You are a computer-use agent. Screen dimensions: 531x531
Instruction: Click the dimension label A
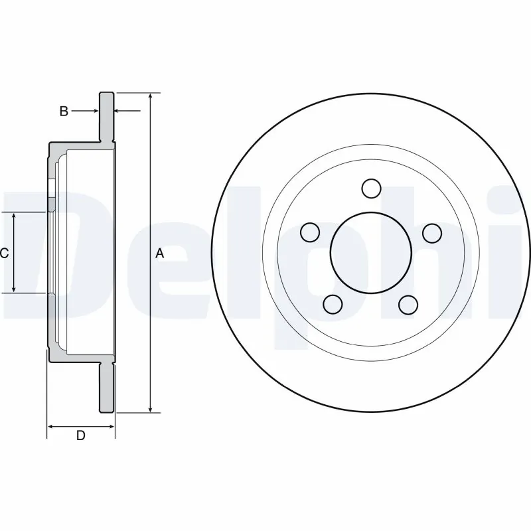(x=159, y=253)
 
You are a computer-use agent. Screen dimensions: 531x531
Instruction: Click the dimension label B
(x=64, y=112)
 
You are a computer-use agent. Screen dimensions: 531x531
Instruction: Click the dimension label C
(x=4, y=253)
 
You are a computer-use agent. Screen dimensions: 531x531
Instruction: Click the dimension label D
(x=81, y=435)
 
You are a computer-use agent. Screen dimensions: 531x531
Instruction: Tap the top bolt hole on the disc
(x=372, y=189)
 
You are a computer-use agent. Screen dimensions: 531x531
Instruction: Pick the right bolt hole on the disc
(x=433, y=232)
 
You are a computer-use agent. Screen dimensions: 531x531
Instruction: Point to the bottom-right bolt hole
(x=409, y=304)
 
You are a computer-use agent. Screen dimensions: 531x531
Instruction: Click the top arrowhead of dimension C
(x=15, y=216)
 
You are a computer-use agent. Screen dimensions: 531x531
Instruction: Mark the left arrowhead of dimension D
(x=51, y=425)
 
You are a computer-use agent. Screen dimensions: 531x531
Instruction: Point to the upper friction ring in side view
(x=107, y=116)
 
